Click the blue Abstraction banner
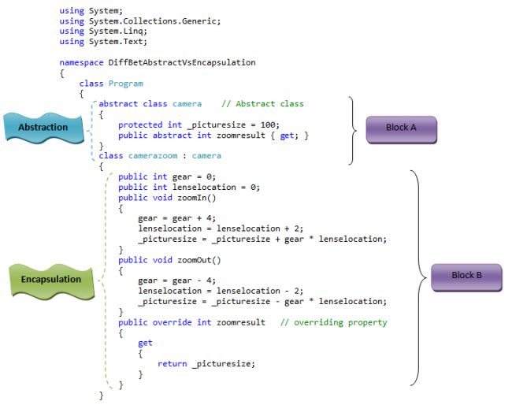43,127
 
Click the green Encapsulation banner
50,279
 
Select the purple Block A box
401,128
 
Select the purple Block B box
466,276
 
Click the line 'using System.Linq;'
95,32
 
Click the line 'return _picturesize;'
206,363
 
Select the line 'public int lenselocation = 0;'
188,188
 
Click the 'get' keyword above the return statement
145,343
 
